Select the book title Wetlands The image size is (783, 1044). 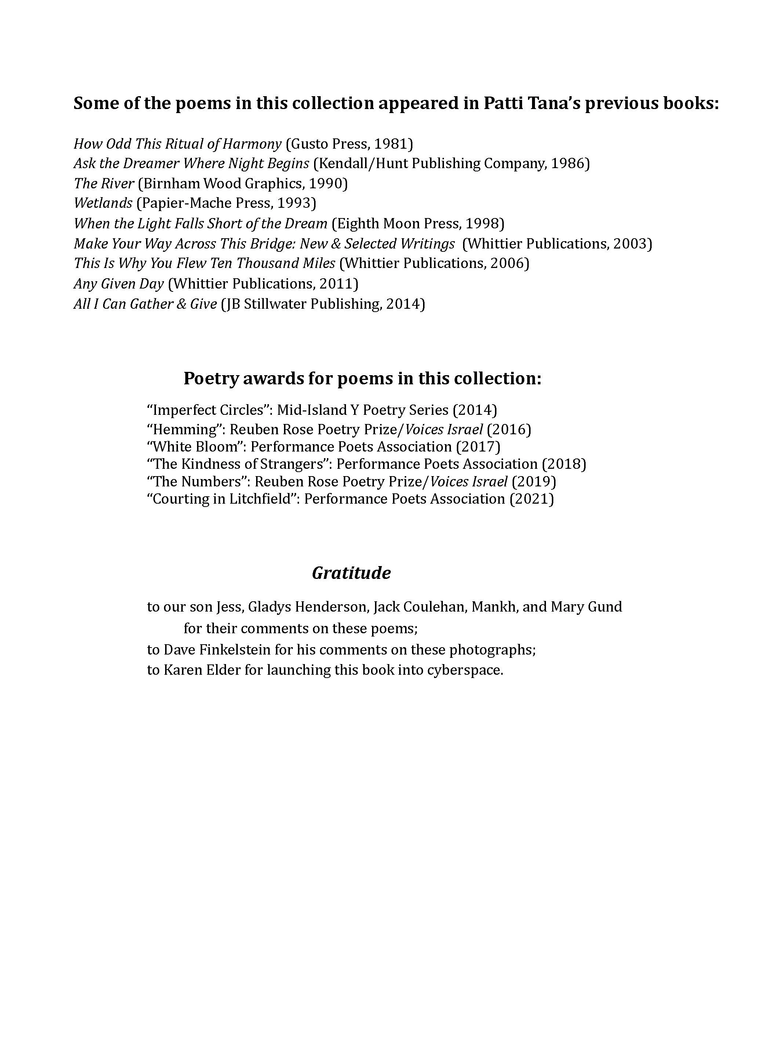tap(103, 203)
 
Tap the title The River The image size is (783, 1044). tap(104, 183)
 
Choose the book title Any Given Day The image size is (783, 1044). tap(119, 284)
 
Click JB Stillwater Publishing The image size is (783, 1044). tap(302, 304)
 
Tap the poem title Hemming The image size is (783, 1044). tap(188, 429)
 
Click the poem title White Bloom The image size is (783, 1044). tap(199, 446)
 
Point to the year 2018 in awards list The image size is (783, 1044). tap(564, 464)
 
